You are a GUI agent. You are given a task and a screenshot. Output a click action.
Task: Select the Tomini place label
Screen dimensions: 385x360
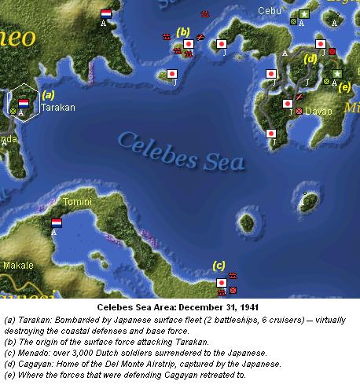(x=76, y=203)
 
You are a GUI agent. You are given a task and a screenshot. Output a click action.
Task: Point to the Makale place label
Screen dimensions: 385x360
(x=17, y=266)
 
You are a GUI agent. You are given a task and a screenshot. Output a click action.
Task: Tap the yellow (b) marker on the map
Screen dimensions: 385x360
(x=183, y=32)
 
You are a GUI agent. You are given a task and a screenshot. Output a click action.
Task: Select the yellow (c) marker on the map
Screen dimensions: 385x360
(x=219, y=265)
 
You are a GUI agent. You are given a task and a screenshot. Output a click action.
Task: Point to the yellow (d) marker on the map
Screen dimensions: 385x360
(x=310, y=58)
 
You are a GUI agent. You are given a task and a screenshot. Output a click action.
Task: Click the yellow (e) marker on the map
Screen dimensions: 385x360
(x=344, y=87)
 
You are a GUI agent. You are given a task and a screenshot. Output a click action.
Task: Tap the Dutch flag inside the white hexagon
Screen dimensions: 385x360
(x=24, y=103)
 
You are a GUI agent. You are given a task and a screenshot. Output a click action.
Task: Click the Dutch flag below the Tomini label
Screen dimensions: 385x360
(x=57, y=222)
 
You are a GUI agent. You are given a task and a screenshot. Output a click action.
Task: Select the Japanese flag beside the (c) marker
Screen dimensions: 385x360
(x=222, y=281)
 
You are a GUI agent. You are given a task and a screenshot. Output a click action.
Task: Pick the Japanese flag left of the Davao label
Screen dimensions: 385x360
(x=288, y=103)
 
